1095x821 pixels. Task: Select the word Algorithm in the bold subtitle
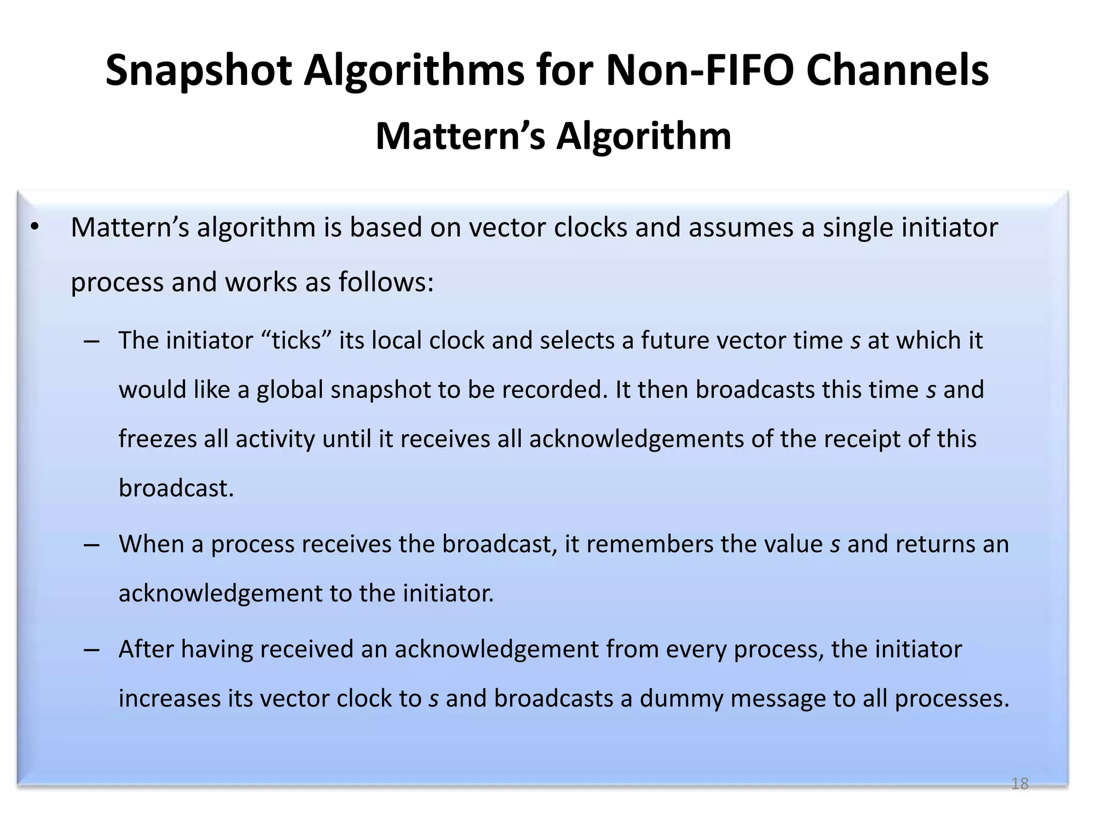click(x=644, y=136)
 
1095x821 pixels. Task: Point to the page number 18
click(x=1020, y=784)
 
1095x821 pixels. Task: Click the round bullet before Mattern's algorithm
click(x=35, y=228)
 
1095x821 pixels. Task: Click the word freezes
click(x=158, y=439)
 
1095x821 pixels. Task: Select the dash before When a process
click(x=91, y=545)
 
